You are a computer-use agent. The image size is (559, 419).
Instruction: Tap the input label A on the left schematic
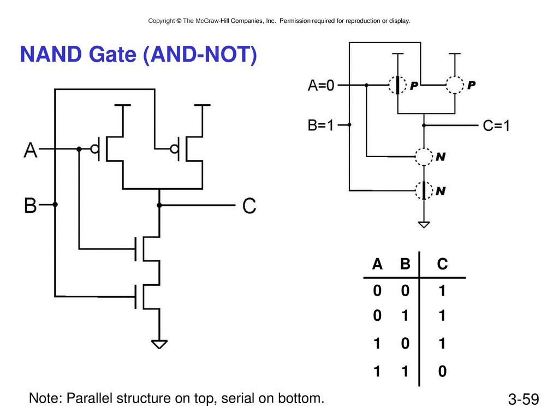coord(31,150)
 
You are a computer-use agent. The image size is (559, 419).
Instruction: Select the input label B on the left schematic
coord(31,206)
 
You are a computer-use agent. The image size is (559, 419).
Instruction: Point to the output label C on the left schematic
coord(249,206)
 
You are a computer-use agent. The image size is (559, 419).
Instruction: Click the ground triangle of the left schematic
coord(159,344)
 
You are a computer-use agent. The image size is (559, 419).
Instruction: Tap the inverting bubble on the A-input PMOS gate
coord(94,149)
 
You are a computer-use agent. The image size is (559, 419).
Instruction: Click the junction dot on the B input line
coord(55,205)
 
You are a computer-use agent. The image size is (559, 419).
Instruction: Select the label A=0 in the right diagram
coord(321,86)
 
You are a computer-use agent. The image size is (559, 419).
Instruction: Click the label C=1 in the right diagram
coord(496,126)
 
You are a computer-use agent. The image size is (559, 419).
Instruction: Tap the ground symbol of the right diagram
coord(424,224)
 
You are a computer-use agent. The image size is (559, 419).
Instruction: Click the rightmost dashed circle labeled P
coord(455,85)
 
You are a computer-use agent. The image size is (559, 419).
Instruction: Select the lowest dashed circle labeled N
coord(424,190)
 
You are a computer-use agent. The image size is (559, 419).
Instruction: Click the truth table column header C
coord(442,264)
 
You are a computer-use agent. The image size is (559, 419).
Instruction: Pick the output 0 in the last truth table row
coord(442,371)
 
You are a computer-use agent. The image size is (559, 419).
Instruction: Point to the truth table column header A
coord(377,264)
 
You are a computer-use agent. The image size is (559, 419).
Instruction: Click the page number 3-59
coord(524,399)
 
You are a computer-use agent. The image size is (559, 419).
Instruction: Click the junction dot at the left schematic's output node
coord(159,205)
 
